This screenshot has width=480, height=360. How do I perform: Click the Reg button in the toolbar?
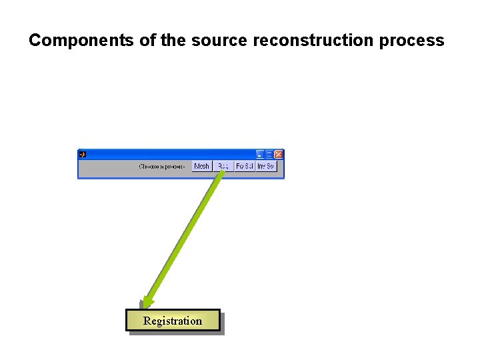(223, 166)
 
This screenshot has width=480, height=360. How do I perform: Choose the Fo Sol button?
(245, 166)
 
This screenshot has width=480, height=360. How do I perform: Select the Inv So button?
(266, 166)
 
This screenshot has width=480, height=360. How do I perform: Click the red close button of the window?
(278, 154)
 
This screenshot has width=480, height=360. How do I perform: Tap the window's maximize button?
(269, 154)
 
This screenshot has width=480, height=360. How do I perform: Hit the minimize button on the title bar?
(261, 154)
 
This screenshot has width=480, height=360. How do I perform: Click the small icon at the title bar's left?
(83, 154)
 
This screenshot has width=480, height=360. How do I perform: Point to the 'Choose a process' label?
(161, 166)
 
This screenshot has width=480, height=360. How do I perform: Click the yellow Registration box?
(173, 321)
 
